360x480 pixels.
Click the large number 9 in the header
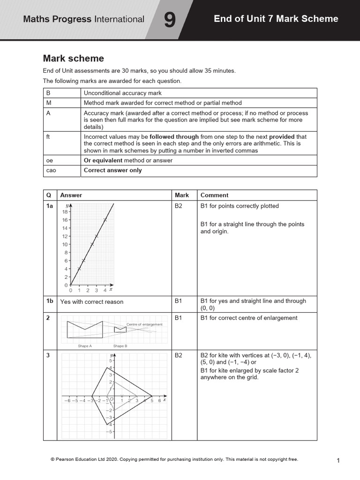(x=170, y=20)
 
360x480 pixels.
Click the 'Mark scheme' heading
(x=73, y=59)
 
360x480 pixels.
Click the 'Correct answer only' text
(x=112, y=170)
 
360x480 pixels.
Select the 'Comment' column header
(x=214, y=195)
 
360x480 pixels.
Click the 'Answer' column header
(x=71, y=195)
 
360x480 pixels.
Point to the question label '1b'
(x=50, y=301)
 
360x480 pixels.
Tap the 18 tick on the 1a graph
(x=65, y=212)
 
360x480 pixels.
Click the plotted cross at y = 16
(x=105, y=219)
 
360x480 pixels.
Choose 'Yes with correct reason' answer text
(x=92, y=302)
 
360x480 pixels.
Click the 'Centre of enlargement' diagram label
(x=144, y=324)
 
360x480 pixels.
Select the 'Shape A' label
(x=85, y=346)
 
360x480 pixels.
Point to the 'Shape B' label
(x=120, y=346)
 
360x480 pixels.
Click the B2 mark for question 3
(x=179, y=356)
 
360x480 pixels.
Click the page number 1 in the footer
(x=338, y=461)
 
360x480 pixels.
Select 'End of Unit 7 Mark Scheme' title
(x=276, y=19)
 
